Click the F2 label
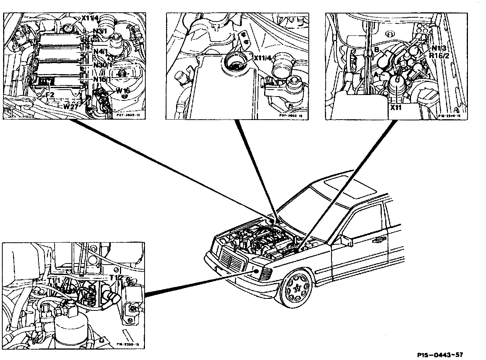pyautogui.click(x=50, y=94)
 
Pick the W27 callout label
pyautogui.click(x=72, y=107)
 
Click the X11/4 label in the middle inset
pyautogui.click(x=262, y=58)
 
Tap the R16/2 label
pyautogui.click(x=439, y=56)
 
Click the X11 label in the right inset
pyautogui.click(x=396, y=108)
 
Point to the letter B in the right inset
pyautogui.click(x=377, y=50)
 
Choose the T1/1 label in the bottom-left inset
pyautogui.click(x=54, y=280)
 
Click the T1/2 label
pyautogui.click(x=116, y=277)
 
